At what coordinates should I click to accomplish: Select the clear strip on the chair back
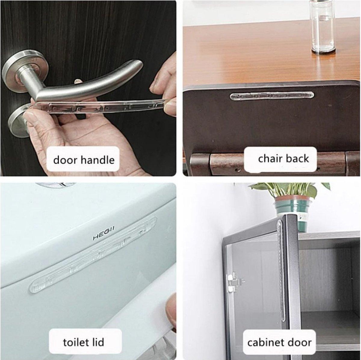click(272, 96)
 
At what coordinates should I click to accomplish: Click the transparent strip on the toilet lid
click(93, 255)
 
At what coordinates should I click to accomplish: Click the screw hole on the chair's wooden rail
click(238, 170)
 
